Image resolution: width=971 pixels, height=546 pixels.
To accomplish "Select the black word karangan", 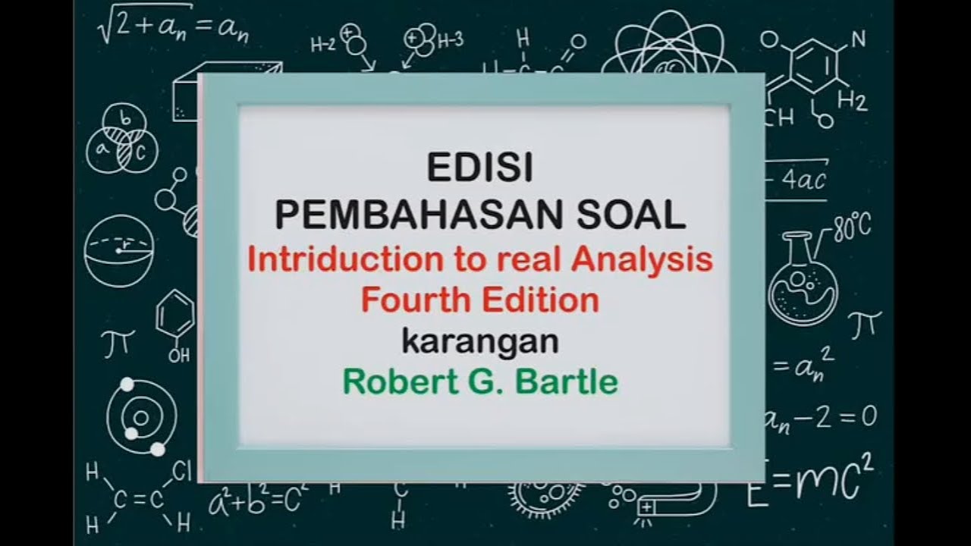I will pyautogui.click(x=479, y=341).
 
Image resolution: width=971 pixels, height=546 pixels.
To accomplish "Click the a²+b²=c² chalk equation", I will pyautogui.click(x=258, y=497).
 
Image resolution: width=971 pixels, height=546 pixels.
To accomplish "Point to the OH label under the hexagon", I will pyautogui.click(x=179, y=355).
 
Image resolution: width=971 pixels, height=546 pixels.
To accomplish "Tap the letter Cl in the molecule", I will pyautogui.click(x=182, y=472).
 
